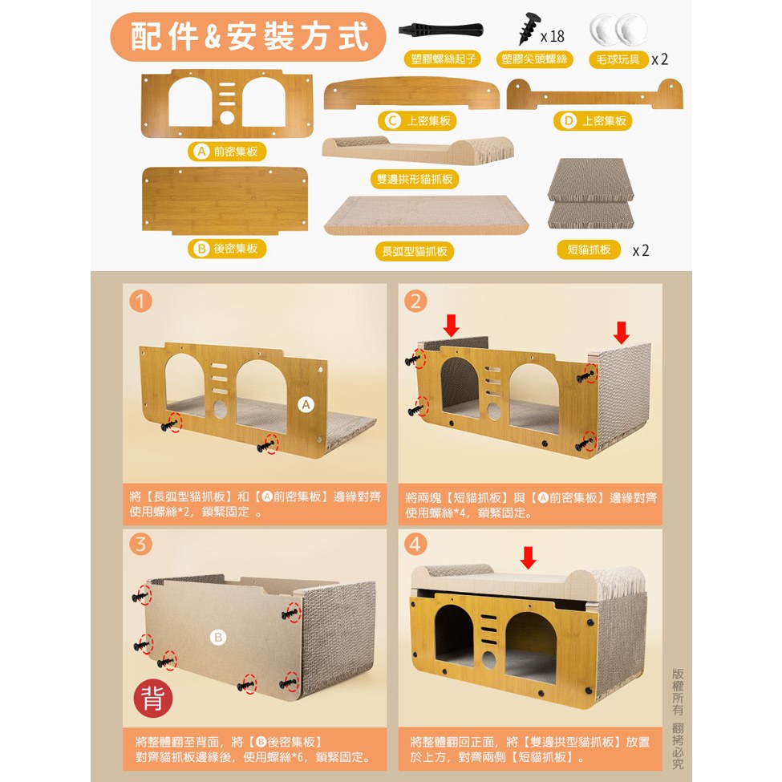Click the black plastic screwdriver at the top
pyautogui.click(x=440, y=30)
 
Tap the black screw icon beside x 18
pyautogui.click(x=529, y=28)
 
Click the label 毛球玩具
pyautogui.click(x=618, y=60)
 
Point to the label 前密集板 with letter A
pyautogui.click(x=227, y=152)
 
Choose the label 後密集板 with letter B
pyautogui.click(x=227, y=249)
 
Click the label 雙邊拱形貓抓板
pyautogui.click(x=415, y=180)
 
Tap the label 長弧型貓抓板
pyautogui.click(x=415, y=251)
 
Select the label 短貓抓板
pyautogui.click(x=589, y=249)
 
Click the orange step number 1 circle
pyautogui.click(x=140, y=302)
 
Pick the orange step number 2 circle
pyautogui.click(x=415, y=301)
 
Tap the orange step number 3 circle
pyautogui.click(x=140, y=544)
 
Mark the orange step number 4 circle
pyautogui.click(x=415, y=544)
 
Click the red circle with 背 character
pyautogui.click(x=153, y=698)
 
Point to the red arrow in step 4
pyautogui.click(x=528, y=557)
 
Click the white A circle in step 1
pyautogui.click(x=306, y=405)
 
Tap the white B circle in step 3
pyautogui.click(x=218, y=637)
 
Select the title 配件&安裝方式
pyautogui.click(x=249, y=37)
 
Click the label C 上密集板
pyautogui.click(x=417, y=120)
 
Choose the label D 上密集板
pyautogui.click(x=593, y=120)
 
